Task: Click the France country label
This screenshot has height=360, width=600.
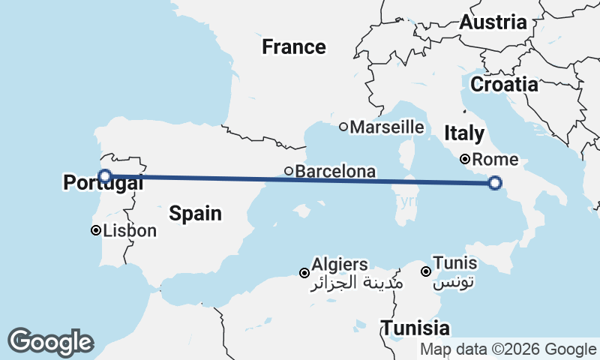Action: pos(294,47)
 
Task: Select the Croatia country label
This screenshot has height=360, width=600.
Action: pos(504,84)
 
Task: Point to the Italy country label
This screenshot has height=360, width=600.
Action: pos(463,133)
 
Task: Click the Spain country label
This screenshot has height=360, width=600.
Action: pos(195,213)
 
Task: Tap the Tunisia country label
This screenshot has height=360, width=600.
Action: pos(415,328)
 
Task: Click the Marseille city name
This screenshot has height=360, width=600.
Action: pos(387,127)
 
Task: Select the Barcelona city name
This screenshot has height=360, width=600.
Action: pos(335,172)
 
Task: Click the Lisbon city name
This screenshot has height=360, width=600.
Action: pos(130,230)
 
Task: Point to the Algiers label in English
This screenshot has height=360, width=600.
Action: pos(340,264)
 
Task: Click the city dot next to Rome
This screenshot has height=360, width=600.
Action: pos(465,159)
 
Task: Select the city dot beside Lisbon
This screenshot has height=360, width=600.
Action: pos(96,230)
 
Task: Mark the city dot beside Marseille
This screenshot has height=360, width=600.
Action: pos(343,127)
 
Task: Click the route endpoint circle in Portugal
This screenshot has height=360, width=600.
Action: pos(106,176)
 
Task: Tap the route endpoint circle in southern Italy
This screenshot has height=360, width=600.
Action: pos(495,182)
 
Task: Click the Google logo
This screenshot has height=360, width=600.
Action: pos(50,342)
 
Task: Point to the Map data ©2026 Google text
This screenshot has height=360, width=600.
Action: pos(508,349)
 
